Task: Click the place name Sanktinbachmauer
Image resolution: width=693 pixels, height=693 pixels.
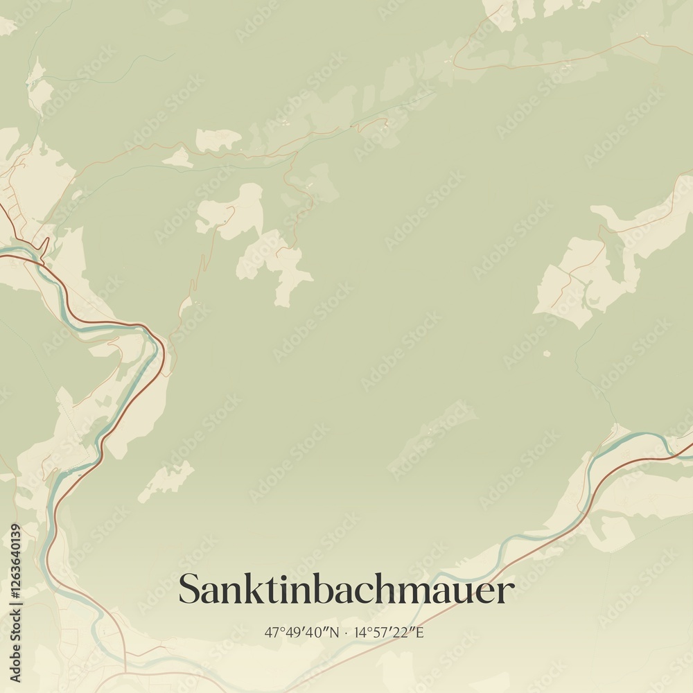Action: pos(346,590)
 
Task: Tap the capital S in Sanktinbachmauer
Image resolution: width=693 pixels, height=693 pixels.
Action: pos(189,590)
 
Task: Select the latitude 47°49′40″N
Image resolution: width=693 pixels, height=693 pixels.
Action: pos(302,632)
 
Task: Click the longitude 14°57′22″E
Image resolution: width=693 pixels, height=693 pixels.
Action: pos(389,632)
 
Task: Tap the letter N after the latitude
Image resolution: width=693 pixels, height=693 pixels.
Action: pos(335,632)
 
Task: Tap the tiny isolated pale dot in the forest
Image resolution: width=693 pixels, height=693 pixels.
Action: pos(547,353)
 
